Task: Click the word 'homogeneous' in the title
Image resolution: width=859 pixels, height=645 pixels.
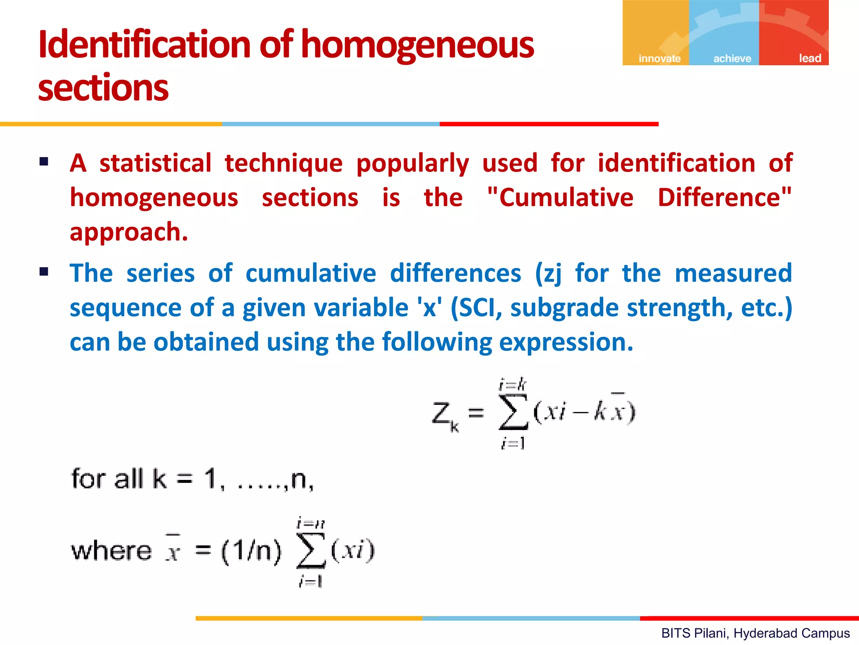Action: tap(417, 45)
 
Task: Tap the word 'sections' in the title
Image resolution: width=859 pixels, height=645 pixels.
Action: tap(103, 88)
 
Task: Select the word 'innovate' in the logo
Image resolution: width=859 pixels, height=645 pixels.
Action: tap(659, 58)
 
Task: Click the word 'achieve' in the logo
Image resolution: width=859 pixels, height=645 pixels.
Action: tap(732, 58)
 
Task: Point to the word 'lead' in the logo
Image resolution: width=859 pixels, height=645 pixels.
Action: tap(810, 58)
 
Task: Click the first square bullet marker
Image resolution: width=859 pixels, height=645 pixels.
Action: tap(44, 162)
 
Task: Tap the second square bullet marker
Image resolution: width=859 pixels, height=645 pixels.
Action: tap(44, 272)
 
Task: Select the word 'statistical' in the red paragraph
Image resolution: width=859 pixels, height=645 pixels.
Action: tap(155, 163)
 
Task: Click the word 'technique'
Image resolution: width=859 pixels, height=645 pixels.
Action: tap(284, 164)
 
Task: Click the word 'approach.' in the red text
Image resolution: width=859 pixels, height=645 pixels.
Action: tap(129, 232)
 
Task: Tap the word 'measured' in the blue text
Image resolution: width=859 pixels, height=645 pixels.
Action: tap(733, 273)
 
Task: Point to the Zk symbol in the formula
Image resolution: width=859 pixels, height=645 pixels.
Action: tap(445, 416)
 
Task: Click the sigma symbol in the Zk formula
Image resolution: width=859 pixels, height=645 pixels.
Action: tap(513, 412)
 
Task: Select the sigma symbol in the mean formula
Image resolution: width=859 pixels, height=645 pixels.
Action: tap(311, 551)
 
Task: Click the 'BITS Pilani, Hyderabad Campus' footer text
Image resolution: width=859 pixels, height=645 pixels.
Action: tap(755, 633)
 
